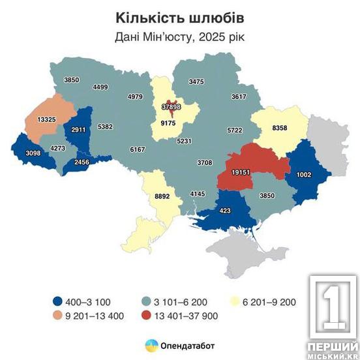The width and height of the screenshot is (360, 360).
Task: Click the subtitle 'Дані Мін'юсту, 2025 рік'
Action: (x=179, y=37)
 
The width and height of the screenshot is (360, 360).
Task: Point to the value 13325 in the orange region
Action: (x=40, y=120)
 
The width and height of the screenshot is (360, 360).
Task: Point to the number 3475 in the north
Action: (x=196, y=82)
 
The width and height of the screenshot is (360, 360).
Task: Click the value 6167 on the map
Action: (x=138, y=149)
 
